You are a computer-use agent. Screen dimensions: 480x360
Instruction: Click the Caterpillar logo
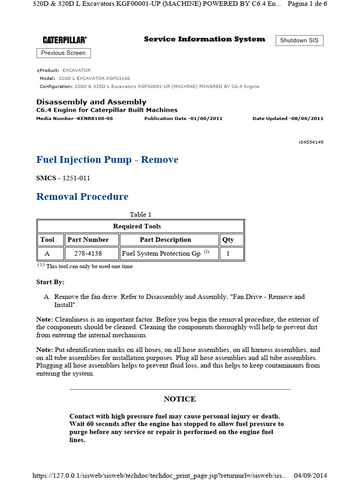click(x=65, y=40)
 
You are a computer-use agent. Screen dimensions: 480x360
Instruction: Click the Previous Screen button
click(x=63, y=53)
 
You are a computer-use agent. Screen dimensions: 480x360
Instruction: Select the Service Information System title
click(x=204, y=39)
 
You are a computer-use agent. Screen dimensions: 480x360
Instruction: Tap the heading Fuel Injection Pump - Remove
click(x=107, y=160)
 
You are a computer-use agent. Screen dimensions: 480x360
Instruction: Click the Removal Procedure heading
click(x=82, y=196)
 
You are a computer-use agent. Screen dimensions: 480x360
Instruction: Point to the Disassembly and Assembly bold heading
click(x=91, y=102)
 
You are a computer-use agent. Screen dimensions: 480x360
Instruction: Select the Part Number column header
click(x=88, y=240)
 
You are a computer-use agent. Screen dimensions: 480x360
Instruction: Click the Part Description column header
click(x=165, y=240)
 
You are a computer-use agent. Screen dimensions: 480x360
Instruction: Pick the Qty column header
click(x=228, y=240)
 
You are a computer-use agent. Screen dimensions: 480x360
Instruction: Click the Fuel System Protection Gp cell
click(x=165, y=254)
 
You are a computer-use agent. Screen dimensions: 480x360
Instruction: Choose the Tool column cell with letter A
click(x=47, y=254)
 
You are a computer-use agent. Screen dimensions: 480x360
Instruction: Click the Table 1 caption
click(x=141, y=215)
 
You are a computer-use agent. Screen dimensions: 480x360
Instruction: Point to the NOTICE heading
click(x=180, y=399)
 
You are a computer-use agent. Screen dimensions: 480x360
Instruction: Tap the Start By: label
click(x=50, y=282)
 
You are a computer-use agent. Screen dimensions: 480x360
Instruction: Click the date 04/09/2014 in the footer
click(x=310, y=475)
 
